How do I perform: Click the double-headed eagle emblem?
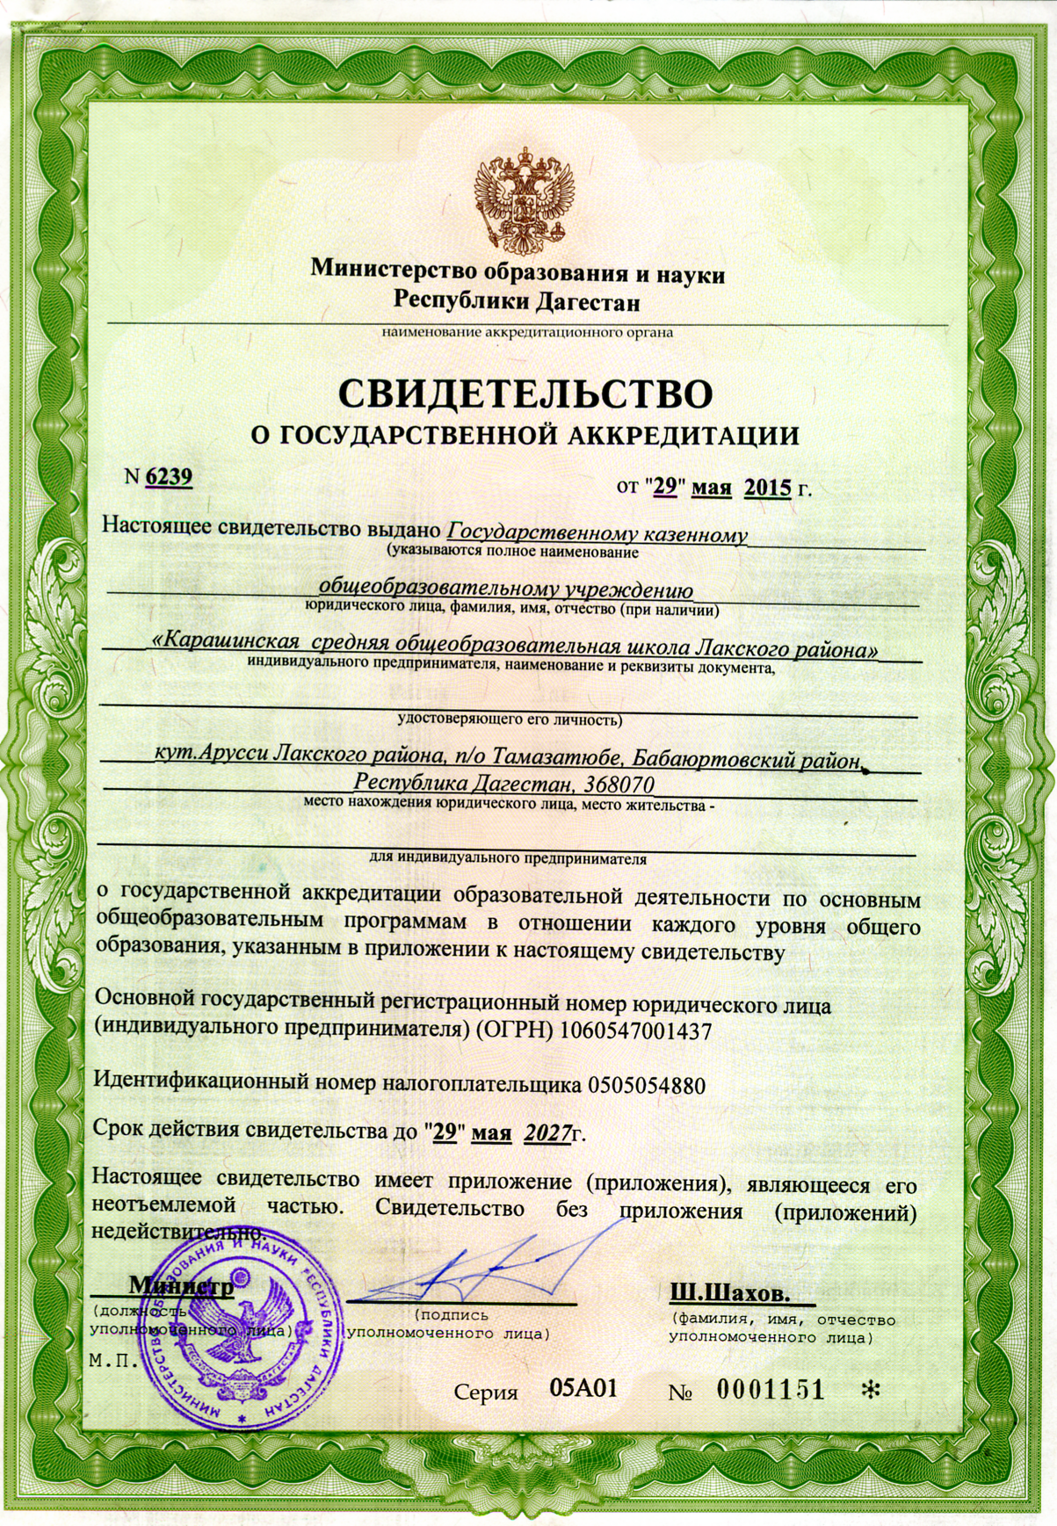coord(524,200)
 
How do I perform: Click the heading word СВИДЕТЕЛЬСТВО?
coord(525,394)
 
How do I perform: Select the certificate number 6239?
coord(169,476)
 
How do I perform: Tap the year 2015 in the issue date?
coord(768,487)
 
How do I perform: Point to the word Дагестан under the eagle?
coord(586,302)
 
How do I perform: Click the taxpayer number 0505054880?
coord(646,1085)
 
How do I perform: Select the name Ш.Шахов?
coord(729,1293)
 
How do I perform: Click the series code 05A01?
coord(583,1388)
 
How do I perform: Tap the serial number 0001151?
coord(771,1390)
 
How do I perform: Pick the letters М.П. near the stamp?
coord(114,1361)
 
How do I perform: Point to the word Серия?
coord(486,1392)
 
